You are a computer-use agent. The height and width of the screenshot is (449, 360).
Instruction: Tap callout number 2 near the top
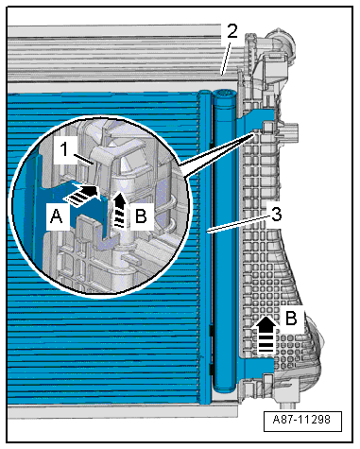pyautogui.click(x=231, y=31)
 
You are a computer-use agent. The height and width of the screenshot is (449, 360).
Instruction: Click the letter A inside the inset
pyautogui.click(x=57, y=216)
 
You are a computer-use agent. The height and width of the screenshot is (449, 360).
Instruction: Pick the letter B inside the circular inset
pyautogui.click(x=140, y=216)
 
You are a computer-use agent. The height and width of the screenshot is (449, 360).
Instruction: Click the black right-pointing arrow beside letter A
pyautogui.click(x=84, y=192)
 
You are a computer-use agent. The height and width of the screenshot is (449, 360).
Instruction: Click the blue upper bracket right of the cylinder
pyautogui.click(x=247, y=119)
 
